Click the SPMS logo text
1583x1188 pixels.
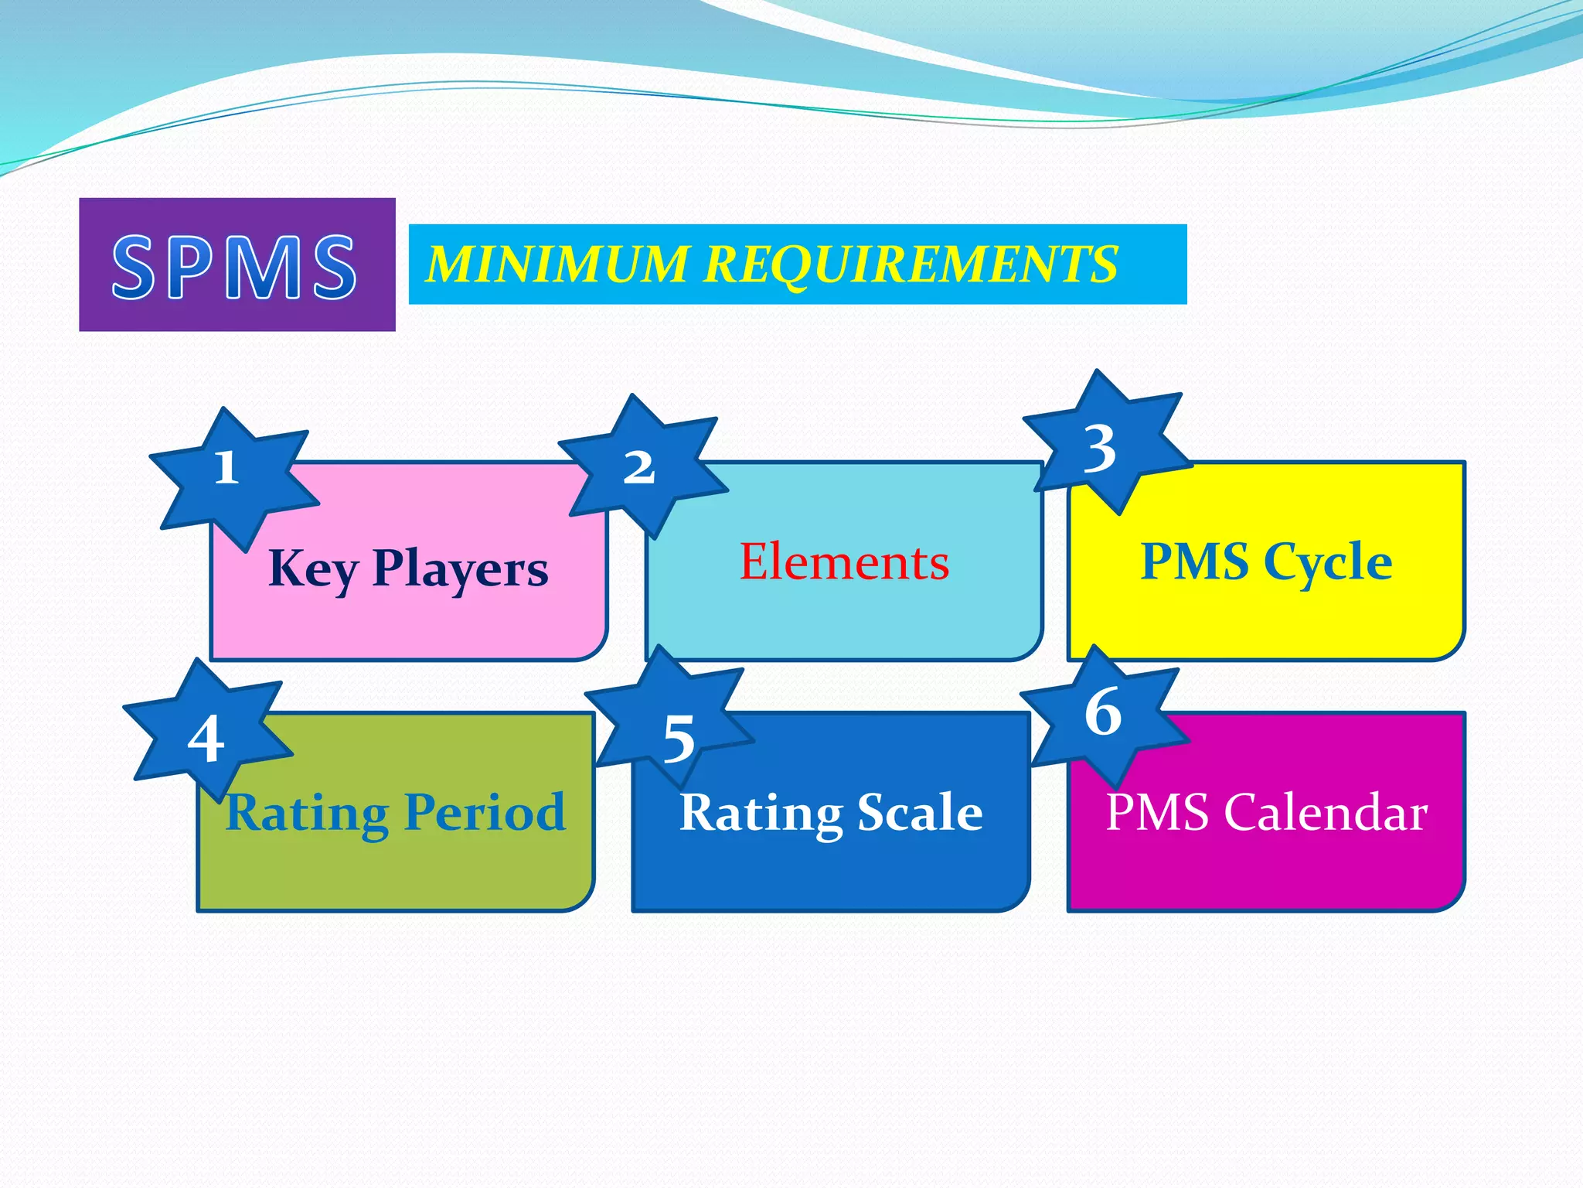[x=235, y=266]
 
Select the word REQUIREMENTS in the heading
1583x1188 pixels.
[x=911, y=264]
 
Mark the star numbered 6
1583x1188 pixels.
[x=1104, y=712]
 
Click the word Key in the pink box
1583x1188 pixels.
[x=312, y=570]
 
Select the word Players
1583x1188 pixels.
[x=460, y=570]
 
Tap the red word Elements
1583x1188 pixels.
[x=844, y=562]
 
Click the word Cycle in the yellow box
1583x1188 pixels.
[x=1327, y=562]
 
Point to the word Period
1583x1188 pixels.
[x=485, y=812]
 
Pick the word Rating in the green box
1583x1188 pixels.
[x=307, y=814]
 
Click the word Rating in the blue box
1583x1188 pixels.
[x=761, y=814]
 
